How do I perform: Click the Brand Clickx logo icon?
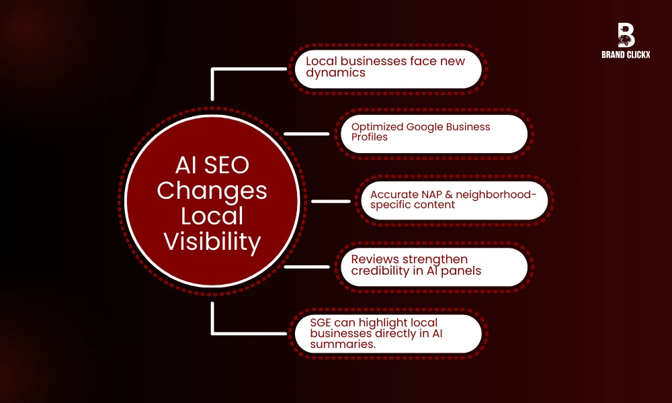point(626,34)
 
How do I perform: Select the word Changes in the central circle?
point(212,191)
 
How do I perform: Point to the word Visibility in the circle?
point(212,242)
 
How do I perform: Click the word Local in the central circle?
point(212,216)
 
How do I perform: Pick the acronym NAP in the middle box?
point(422,193)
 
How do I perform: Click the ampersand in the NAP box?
point(442,193)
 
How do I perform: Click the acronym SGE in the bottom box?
point(322,322)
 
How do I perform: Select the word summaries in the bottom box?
point(344,344)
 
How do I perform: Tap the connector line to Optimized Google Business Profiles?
point(306,133)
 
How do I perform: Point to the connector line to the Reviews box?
point(306,267)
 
